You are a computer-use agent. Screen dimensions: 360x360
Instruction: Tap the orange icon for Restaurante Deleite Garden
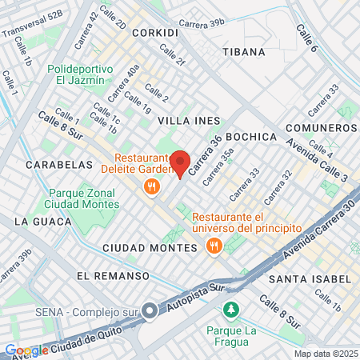pos(150,186)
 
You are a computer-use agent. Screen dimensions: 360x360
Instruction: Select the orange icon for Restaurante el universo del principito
pos(213,246)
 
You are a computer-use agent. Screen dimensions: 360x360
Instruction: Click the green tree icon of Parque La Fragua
pos(231,309)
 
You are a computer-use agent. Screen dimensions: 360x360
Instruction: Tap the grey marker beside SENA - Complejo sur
pos(150,312)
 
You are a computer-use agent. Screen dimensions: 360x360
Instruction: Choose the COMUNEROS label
pos(323,128)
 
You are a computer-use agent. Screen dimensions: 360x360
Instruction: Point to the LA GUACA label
pos(38,221)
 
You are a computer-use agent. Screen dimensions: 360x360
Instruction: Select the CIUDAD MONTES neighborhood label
pos(150,248)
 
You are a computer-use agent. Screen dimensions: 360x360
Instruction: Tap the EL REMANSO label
pos(113,275)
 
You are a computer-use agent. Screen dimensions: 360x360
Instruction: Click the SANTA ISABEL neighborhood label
pos(310,278)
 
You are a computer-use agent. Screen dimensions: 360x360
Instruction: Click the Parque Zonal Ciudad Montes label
pos(82,198)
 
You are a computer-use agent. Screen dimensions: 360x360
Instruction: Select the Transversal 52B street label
pos(32,26)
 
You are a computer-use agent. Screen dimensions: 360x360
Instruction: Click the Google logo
pos(26,350)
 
